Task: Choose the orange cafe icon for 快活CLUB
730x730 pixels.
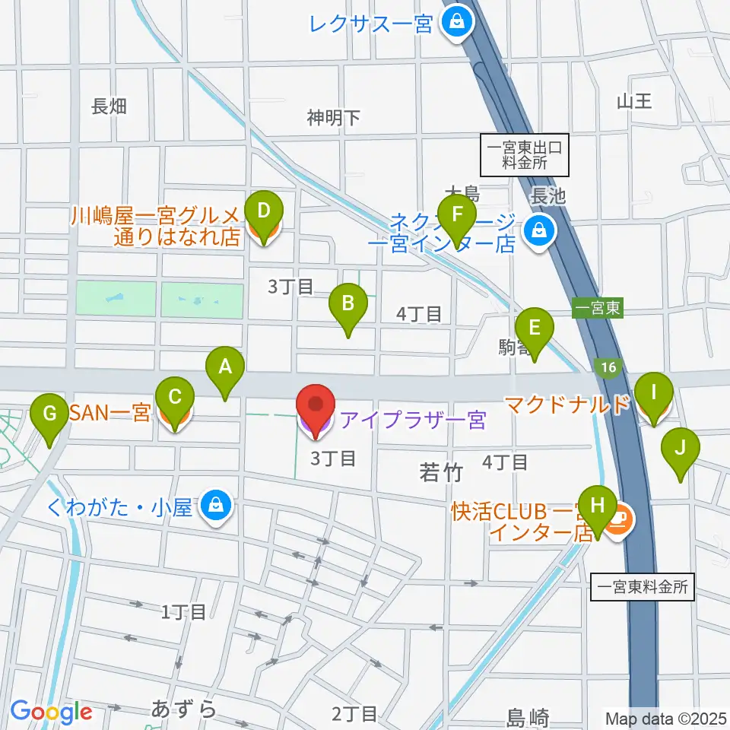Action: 620,518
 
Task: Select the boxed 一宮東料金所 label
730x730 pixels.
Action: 643,587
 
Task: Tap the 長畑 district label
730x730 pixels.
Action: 108,107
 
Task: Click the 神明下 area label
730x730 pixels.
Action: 333,117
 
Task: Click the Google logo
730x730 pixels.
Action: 51,711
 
